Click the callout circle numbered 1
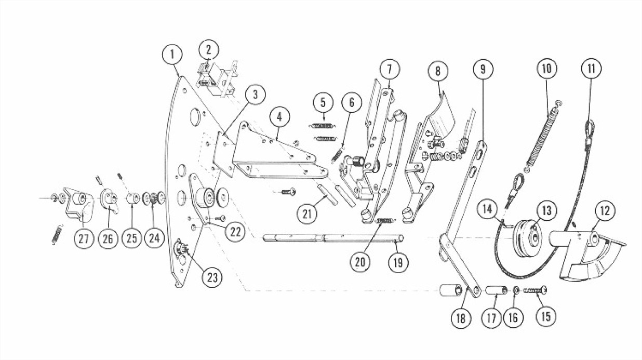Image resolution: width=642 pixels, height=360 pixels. click(172, 55)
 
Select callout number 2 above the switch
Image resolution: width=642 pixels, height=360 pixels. click(208, 50)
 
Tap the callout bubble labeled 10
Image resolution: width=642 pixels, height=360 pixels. click(548, 68)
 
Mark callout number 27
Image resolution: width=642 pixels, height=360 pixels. click(84, 238)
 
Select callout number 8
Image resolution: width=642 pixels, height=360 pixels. click(438, 70)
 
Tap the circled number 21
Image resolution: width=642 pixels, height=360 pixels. click(307, 213)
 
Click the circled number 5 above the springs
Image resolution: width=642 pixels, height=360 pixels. click(323, 103)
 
